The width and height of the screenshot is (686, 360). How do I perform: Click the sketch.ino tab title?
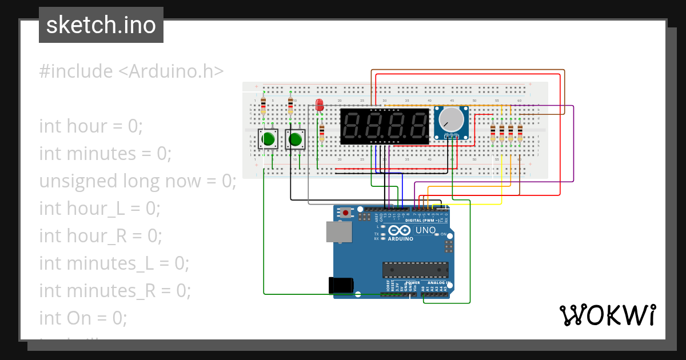click(x=101, y=25)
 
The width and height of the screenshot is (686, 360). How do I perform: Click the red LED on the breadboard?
click(x=320, y=105)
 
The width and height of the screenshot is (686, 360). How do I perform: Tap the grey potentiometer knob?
click(x=452, y=119)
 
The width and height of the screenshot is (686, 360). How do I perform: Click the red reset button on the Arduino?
click(x=346, y=213)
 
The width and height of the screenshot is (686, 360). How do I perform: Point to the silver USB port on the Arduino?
click(x=338, y=231)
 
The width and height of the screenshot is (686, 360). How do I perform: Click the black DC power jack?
click(x=341, y=286)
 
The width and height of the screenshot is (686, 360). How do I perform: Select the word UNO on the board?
click(x=425, y=230)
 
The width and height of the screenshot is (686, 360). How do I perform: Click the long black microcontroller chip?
click(x=415, y=270)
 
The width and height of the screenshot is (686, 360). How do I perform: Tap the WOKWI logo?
click(x=607, y=315)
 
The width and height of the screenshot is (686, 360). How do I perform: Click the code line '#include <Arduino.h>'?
click(x=131, y=71)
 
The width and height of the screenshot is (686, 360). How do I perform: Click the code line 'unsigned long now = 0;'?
click(x=137, y=181)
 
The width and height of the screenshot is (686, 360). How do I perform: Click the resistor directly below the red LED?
click(x=321, y=133)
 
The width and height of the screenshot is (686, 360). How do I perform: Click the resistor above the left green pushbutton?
click(x=263, y=106)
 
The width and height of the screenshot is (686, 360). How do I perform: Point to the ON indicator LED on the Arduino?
click(x=436, y=234)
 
